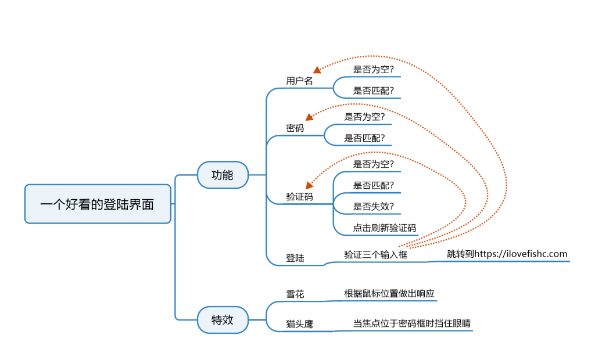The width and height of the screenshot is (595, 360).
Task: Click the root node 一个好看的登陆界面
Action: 97,204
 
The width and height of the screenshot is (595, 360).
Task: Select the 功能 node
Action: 223,175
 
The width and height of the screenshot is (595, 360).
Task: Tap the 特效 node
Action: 223,320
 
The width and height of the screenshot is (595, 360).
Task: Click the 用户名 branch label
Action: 299,81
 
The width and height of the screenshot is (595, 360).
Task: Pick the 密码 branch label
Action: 295,128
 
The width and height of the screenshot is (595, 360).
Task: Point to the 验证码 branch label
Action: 299,197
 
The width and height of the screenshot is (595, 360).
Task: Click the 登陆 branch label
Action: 295,258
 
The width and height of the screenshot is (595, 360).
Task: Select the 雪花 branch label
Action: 295,294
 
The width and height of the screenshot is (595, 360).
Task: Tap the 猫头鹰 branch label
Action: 299,324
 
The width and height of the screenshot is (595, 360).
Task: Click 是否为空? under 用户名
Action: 373,70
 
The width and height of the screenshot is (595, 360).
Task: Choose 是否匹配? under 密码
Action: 364,138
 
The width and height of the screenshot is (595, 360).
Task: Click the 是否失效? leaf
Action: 373,207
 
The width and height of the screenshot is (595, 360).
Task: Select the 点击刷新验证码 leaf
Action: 385,228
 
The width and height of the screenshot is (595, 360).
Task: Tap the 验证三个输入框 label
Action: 375,254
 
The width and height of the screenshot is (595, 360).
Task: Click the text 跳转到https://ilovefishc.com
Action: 507,254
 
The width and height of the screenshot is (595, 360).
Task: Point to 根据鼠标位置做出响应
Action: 389,294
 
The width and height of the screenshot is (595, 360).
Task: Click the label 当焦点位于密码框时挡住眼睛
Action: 411,323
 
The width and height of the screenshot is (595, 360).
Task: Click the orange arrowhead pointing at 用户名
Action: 317,70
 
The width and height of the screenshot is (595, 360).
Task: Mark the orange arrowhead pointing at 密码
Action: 309,117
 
